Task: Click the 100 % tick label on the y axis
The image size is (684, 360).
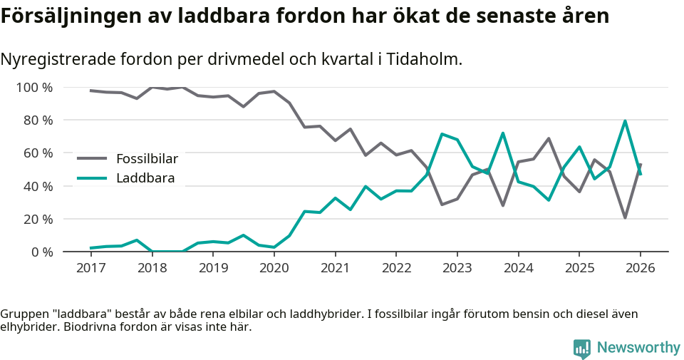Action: [x=34, y=88]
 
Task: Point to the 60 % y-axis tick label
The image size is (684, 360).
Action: [x=38, y=153]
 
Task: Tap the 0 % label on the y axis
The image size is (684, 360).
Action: [x=41, y=252]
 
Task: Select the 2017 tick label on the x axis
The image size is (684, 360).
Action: [x=90, y=268]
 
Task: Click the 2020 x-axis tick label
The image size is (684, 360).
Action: [x=274, y=268]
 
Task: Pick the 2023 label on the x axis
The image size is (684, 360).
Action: [x=457, y=268]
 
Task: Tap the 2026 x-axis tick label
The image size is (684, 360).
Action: [x=640, y=268]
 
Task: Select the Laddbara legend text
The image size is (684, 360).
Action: [x=145, y=178]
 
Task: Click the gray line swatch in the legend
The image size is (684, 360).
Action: [x=92, y=158]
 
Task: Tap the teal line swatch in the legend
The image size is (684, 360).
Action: [x=92, y=178]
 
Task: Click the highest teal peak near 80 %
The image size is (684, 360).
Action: [x=625, y=121]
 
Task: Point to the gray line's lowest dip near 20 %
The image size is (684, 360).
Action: [x=625, y=217]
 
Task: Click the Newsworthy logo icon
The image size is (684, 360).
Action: [x=582, y=348]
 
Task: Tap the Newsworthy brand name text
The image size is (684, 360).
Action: [x=638, y=348]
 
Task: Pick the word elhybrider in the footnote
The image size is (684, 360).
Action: [x=29, y=327]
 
